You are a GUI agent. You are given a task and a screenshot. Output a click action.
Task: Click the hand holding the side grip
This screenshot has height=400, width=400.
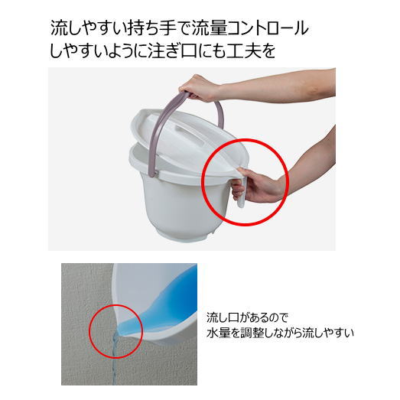coord(264,186)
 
